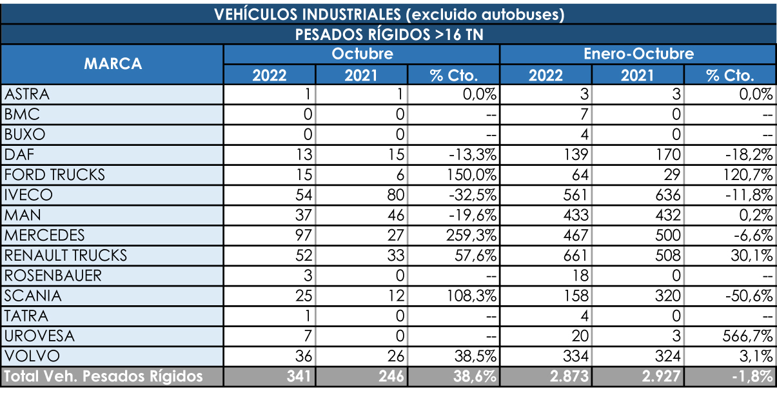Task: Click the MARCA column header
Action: (x=113, y=64)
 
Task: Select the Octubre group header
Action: (x=362, y=54)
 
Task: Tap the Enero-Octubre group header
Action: (x=638, y=54)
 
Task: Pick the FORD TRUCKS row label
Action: (x=54, y=175)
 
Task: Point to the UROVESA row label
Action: (x=39, y=336)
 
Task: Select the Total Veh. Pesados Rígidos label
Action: (x=104, y=376)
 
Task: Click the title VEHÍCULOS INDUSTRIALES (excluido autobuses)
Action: (x=389, y=14)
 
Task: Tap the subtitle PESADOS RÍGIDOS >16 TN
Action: (x=389, y=34)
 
